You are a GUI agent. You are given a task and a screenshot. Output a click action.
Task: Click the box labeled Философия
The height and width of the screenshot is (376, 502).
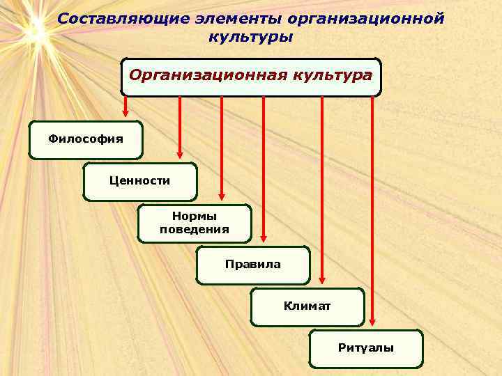tap(86, 139)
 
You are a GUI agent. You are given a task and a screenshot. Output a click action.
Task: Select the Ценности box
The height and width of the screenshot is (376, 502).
tap(139, 181)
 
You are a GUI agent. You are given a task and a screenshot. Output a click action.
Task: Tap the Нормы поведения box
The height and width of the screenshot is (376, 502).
tap(194, 223)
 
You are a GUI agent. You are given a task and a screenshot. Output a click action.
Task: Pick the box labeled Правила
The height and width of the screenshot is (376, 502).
tap(252, 265)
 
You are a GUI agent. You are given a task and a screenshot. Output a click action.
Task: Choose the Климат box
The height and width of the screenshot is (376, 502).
tap(307, 306)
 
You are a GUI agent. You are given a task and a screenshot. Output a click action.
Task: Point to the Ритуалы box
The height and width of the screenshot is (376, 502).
tap(365, 348)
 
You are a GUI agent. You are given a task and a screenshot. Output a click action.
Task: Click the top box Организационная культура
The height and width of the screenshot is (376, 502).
tap(251, 76)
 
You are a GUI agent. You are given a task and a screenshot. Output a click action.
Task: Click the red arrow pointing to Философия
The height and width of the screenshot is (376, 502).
tap(125, 107)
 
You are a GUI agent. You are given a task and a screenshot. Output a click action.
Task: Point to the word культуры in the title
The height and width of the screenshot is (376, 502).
tap(250, 36)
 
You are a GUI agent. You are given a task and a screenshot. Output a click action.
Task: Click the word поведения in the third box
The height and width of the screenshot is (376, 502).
tap(194, 229)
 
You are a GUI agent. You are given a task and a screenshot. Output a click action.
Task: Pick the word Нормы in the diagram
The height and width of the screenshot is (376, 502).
tap(194, 217)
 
